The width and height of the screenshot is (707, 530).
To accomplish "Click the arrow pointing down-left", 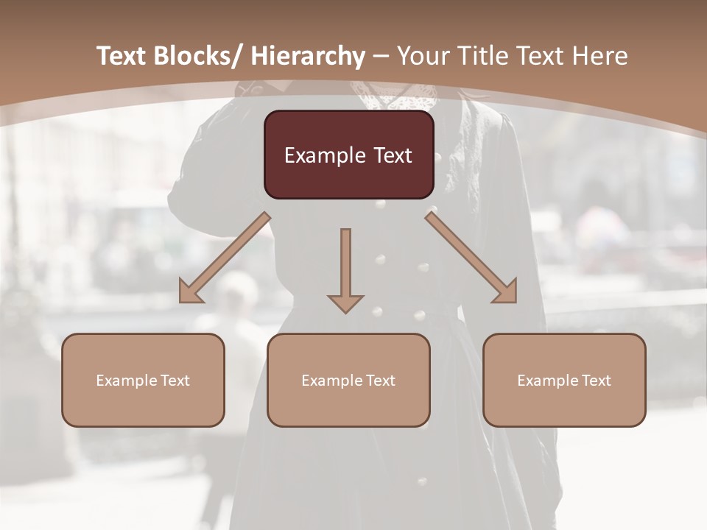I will pos(225,258).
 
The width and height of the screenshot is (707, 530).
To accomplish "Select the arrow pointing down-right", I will pos(471,258).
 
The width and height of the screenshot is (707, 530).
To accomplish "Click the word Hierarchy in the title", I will pos(308,56).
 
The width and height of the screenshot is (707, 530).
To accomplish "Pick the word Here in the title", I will pos(600,56).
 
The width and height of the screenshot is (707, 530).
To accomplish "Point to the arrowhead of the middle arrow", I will pos(345,303).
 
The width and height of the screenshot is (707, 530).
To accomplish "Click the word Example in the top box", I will pos(323,155).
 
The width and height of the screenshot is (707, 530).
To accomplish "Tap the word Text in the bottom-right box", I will pos(595,381).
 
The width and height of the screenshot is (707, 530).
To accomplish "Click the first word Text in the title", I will pos(123,56).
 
